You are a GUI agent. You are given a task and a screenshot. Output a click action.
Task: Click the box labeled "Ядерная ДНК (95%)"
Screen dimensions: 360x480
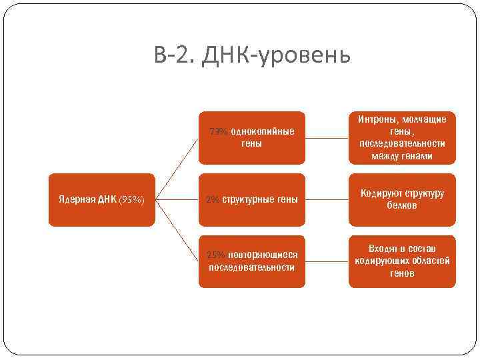102,199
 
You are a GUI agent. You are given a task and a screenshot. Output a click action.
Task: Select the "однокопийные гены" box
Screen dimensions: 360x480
251,137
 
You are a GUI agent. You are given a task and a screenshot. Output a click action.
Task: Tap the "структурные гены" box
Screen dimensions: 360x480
251,199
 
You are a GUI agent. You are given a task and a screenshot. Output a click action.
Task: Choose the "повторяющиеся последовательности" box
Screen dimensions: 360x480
251,261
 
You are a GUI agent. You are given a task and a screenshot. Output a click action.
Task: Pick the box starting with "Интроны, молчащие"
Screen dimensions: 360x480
402,137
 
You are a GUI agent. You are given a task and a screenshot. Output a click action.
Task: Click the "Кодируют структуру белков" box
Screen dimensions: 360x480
402,199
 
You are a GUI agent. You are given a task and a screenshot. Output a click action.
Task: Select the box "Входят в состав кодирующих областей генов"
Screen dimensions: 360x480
402,261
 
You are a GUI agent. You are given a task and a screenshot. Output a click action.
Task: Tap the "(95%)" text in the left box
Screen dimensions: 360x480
132,199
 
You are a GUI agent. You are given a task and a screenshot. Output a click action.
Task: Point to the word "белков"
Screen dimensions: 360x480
402,205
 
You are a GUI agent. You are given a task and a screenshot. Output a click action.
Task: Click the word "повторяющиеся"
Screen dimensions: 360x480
263,255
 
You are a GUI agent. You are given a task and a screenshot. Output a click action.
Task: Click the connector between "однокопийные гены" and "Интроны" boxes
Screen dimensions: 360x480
327,137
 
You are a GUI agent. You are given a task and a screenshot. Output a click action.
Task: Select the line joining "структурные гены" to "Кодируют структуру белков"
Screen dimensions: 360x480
327,199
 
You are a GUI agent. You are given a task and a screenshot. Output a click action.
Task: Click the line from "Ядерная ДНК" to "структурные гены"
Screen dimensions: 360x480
177,199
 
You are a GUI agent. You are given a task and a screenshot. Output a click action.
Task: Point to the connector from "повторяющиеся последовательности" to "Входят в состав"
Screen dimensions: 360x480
327,261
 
